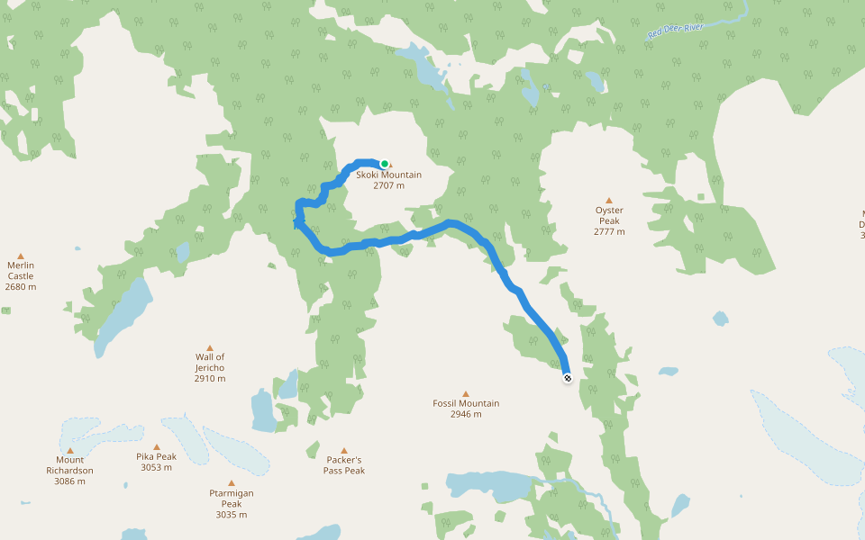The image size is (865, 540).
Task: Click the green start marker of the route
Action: click(385, 164)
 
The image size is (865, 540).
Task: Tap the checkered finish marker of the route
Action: click(568, 379)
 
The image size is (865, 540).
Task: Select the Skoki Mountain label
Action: click(388, 175)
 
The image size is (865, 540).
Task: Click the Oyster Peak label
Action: click(609, 215)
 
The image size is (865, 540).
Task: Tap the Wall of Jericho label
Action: click(210, 363)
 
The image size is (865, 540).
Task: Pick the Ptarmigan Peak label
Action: click(232, 499)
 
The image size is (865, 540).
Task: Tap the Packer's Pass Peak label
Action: click(344, 464)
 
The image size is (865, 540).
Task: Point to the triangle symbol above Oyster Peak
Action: click(609, 201)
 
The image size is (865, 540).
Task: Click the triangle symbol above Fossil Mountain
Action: click(466, 393)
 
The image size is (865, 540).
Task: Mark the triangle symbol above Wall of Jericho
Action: click(210, 347)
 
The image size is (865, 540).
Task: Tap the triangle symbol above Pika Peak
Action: click(157, 446)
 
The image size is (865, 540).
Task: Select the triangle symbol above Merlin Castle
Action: click(21, 256)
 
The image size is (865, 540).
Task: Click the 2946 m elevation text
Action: click(466, 414)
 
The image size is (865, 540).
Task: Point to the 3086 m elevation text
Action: click(69, 481)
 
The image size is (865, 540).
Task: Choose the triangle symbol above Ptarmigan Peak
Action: click(232, 483)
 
